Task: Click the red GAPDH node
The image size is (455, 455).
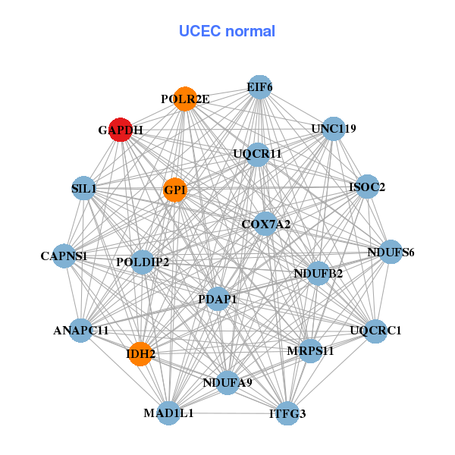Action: pos(121,130)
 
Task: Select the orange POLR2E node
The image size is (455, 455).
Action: pos(186,99)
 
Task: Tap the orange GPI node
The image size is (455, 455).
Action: pos(175,190)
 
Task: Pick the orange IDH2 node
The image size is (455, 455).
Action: pos(140,353)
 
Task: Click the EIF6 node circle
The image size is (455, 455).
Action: pos(259,87)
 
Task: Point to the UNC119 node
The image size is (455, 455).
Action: pos(334,128)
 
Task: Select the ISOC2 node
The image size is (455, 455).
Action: pos(367,187)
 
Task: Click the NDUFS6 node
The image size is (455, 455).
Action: pos(391,252)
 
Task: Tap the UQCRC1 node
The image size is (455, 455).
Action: pos(375,331)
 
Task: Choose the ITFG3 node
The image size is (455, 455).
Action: pos(287,413)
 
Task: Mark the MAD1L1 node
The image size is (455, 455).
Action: pos(168,413)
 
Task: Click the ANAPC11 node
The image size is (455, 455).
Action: pos(81,331)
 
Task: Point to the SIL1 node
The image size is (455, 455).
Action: pos(83,187)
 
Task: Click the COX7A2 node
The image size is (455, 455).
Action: pos(265,224)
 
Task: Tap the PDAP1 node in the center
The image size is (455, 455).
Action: pos(218,300)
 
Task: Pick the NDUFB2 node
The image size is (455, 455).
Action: pos(318,273)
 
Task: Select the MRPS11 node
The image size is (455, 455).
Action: pos(310,351)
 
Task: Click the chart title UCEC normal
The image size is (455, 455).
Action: pos(227,31)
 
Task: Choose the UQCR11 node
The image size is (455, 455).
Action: pos(258,154)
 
